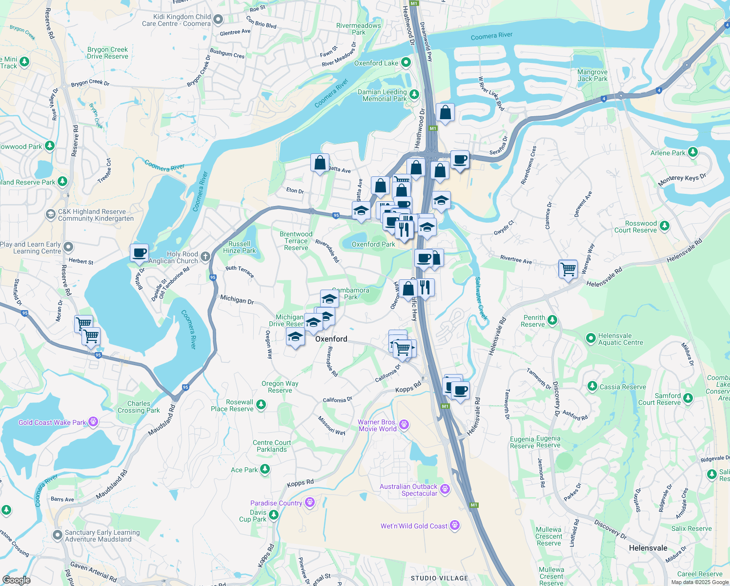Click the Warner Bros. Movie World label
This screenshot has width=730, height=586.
coord(377,425)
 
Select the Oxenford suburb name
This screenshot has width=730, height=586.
coord(331,339)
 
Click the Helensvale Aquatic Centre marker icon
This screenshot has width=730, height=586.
coord(590,338)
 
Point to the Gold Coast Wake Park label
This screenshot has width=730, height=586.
coord(52,422)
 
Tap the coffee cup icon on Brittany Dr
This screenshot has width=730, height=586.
coord(139,253)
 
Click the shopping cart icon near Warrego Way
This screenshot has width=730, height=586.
coord(568,269)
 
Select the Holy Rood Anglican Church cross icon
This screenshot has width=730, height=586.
coord(205,256)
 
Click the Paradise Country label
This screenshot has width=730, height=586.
coord(276,503)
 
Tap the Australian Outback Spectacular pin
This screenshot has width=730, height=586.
coord(445,489)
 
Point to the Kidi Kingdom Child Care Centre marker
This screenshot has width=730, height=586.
coord(218,20)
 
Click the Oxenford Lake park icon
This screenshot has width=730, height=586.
coord(406,63)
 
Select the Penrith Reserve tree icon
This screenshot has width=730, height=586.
coord(552,320)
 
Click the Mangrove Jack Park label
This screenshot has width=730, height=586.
coord(592,75)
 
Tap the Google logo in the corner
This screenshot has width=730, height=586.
coord(16,580)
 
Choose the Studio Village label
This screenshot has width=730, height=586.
coord(439,578)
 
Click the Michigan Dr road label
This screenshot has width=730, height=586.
coord(237,299)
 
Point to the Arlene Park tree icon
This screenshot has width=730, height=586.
coord(692,152)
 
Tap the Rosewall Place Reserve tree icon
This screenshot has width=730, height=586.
coord(261,404)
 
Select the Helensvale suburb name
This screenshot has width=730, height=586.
coord(648,548)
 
